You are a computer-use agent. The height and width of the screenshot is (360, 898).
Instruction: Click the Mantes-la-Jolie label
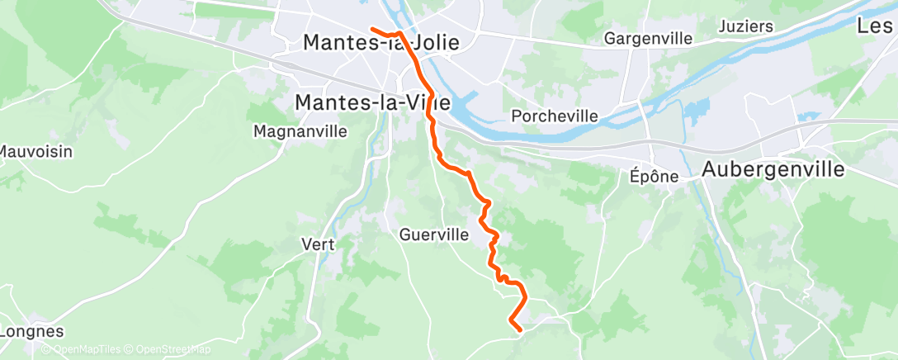point(381,42)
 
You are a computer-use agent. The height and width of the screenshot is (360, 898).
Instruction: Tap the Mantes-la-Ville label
point(372,102)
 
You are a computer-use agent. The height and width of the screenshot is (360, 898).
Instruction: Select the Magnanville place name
point(300,131)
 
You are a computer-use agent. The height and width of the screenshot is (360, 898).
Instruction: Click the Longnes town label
point(31,331)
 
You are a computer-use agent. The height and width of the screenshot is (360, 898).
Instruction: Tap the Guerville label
point(433,234)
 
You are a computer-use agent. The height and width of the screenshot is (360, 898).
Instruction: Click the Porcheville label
point(555,116)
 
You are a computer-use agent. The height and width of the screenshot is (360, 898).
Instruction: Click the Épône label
point(654,176)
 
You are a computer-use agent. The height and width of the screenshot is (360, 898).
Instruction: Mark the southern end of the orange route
point(519,330)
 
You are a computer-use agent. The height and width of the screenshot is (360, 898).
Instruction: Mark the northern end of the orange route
point(372,29)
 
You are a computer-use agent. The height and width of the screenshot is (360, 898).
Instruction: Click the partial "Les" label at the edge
point(877,26)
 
